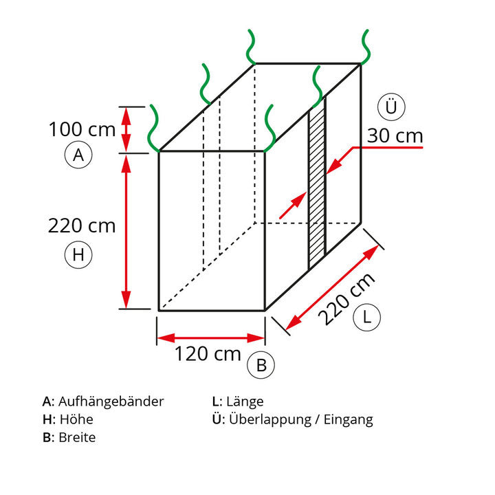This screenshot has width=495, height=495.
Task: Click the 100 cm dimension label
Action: click(x=82, y=129)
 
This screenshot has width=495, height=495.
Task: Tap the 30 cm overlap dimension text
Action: click(x=395, y=136)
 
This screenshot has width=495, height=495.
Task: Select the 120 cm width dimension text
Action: click(x=208, y=354)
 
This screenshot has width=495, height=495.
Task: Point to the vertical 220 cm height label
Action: click(x=82, y=226)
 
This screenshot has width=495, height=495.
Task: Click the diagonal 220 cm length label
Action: click(x=346, y=299)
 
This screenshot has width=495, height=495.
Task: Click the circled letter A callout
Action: click(x=78, y=155)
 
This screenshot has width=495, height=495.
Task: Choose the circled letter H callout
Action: click(x=78, y=254)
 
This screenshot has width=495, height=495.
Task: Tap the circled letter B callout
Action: click(x=261, y=365)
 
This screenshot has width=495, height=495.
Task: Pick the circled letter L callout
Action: click(x=367, y=317)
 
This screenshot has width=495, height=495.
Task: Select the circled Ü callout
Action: click(x=391, y=107)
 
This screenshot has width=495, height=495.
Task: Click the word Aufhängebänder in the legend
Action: click(x=111, y=402)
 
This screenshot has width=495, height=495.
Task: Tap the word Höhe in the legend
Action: click(x=76, y=419)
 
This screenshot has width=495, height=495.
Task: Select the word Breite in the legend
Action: click(x=77, y=437)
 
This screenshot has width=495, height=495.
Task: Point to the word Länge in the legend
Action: click(x=245, y=402)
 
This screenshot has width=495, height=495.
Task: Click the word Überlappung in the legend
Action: click(x=270, y=420)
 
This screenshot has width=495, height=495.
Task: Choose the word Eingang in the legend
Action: click(x=348, y=420)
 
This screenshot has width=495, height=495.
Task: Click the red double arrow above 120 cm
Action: click(x=211, y=338)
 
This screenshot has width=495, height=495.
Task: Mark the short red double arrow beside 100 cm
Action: click(x=126, y=130)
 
